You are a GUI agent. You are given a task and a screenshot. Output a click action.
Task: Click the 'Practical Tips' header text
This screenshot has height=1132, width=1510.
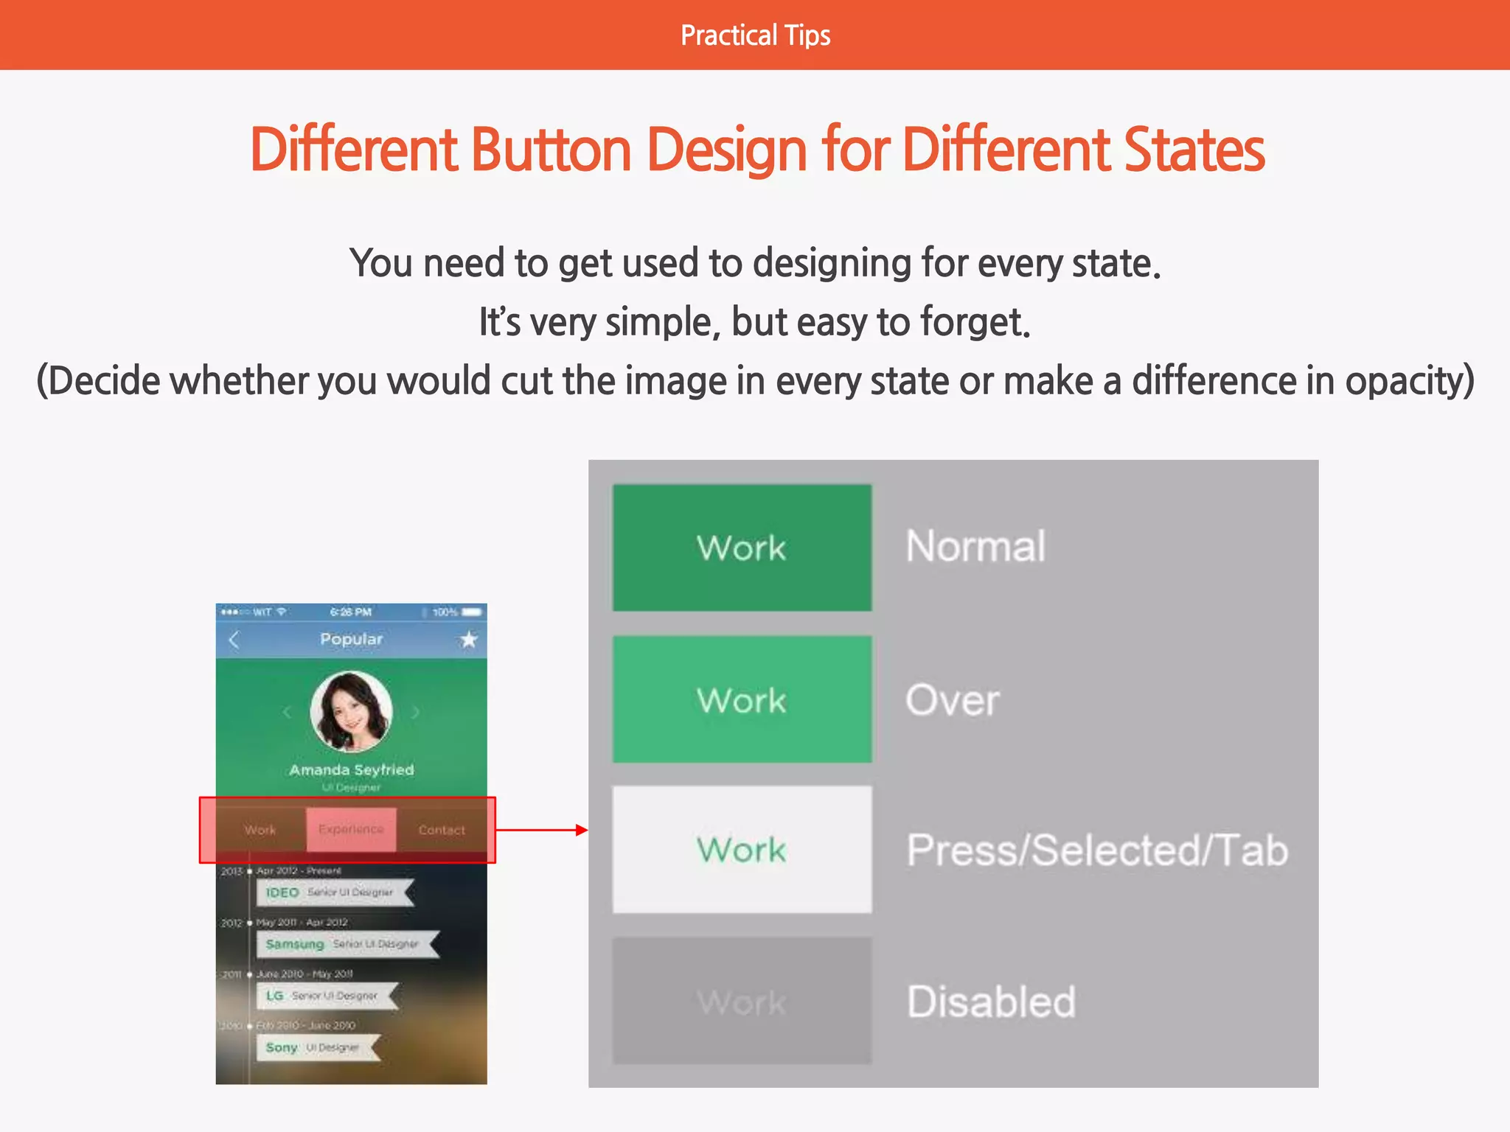tap(755, 35)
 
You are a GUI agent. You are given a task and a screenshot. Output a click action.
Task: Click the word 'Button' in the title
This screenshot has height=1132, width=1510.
tap(551, 150)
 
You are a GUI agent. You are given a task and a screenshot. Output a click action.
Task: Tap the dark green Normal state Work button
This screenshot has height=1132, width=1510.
tap(742, 548)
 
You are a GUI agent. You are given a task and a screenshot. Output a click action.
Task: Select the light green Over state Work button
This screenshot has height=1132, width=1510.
tap(742, 699)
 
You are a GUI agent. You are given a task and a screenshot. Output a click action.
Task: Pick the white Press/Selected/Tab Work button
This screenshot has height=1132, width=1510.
tap(742, 850)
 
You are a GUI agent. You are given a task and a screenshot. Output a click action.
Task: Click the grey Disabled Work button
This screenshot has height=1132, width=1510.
tap(742, 1001)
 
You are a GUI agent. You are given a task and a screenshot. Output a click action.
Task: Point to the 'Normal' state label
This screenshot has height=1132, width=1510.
tap(975, 546)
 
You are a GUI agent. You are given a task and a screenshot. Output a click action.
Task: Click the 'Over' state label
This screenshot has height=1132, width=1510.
tap(952, 699)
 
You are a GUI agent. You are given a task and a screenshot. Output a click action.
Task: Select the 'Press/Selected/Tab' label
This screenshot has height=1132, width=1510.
tap(1097, 850)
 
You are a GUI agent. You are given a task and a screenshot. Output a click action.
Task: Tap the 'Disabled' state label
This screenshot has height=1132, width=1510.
tap(991, 1002)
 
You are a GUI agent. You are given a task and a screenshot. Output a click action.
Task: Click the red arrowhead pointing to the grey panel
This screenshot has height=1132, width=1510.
tap(582, 830)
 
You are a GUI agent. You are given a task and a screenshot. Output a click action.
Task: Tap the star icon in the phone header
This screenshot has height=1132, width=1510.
tap(468, 639)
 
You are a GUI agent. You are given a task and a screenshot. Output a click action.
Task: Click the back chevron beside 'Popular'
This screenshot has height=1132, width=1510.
tap(234, 639)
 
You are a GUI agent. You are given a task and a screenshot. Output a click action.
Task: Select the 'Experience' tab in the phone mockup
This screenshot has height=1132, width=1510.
tap(351, 829)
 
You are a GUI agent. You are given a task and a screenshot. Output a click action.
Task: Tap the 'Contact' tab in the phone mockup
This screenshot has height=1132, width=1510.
tap(442, 830)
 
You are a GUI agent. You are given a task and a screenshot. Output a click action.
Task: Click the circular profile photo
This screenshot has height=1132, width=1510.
tap(351, 711)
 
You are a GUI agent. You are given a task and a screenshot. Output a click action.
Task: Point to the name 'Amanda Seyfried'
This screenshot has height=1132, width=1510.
tap(351, 769)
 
